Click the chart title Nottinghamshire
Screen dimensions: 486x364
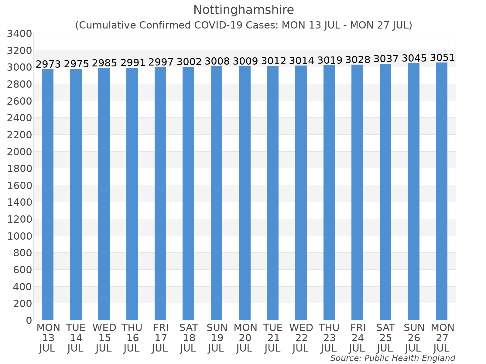[244, 10]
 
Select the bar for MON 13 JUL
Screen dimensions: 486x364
[48, 194]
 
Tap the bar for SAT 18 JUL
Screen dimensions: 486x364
[188, 194]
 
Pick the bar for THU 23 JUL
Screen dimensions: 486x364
[329, 193]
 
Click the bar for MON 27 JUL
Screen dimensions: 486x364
[441, 191]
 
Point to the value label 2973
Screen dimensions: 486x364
[48, 64]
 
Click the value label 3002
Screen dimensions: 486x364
[189, 62]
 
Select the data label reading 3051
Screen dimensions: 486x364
[442, 57]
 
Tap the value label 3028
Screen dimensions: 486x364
[358, 59]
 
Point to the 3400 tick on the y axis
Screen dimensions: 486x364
[19, 34]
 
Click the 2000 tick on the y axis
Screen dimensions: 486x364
[19, 152]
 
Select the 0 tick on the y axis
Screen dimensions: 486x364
[29, 320]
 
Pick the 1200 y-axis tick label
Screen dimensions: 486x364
[19, 219]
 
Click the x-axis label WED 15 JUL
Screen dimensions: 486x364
[104, 338]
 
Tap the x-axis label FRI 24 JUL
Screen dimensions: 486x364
[358, 338]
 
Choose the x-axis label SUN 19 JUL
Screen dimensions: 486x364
[217, 338]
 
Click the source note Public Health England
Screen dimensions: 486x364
[410, 358]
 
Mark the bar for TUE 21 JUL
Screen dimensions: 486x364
[273, 193]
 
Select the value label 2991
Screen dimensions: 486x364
[133, 62]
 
